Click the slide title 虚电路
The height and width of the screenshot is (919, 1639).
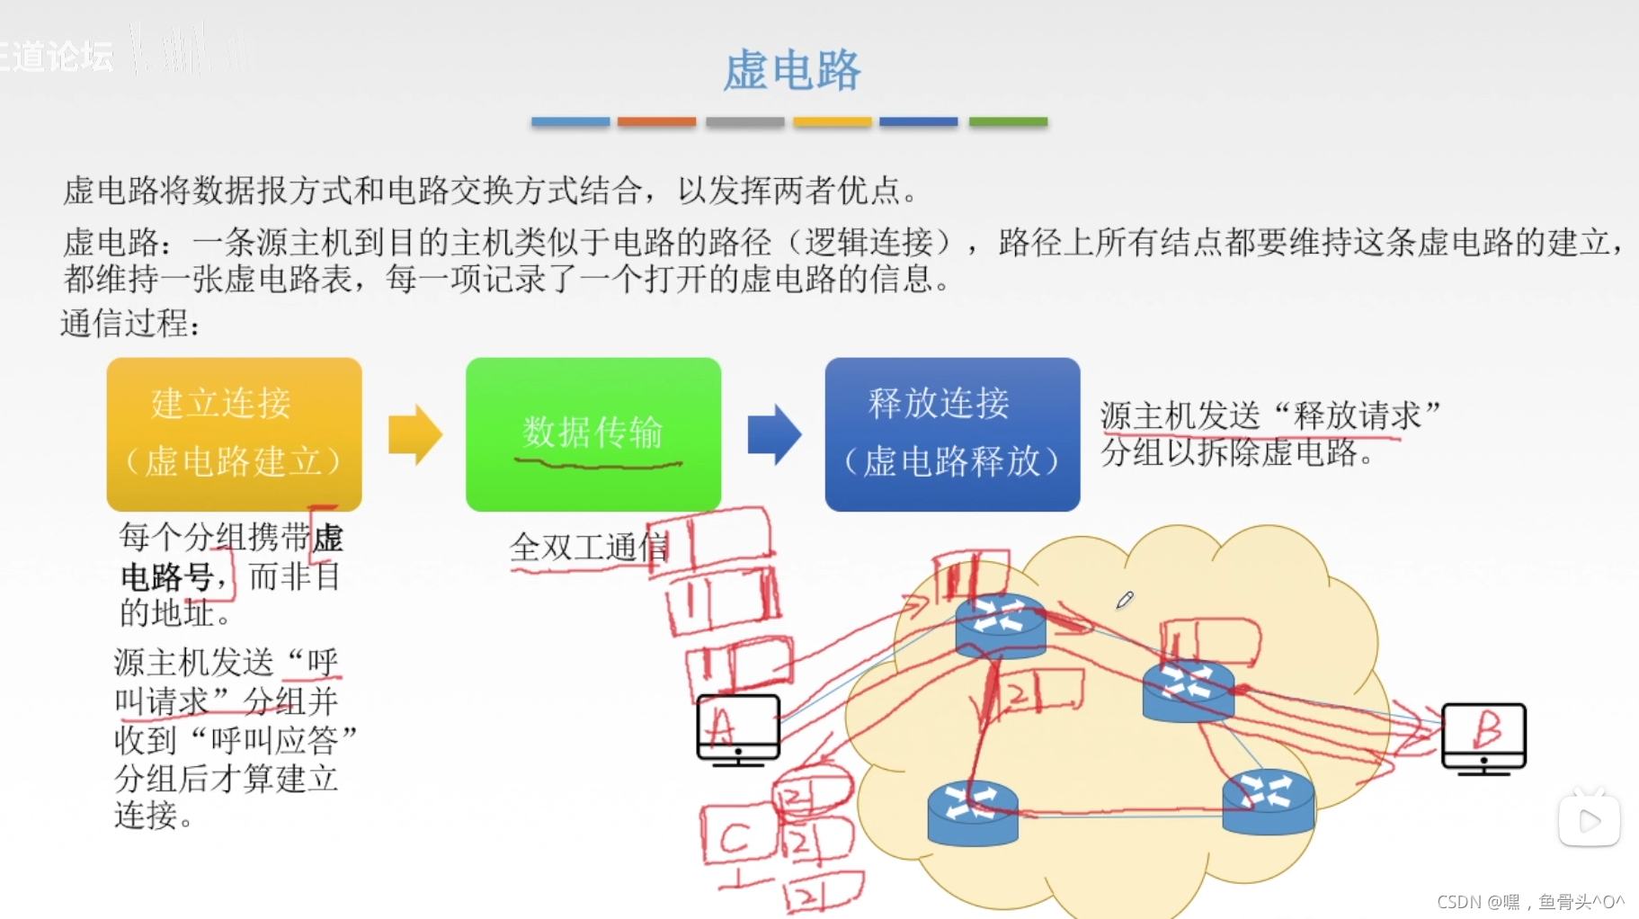[792, 71]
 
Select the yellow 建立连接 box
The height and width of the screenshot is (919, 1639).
[234, 433]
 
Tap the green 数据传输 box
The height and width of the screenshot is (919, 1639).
[592, 433]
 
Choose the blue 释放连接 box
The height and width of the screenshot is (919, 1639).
[951, 433]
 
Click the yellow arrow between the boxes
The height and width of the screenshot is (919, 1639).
[414, 434]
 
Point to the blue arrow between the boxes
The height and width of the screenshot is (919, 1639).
[773, 434]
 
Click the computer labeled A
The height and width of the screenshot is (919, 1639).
[738, 729]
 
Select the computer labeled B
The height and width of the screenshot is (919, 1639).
[1483, 736]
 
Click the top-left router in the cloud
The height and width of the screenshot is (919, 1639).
[1000, 625]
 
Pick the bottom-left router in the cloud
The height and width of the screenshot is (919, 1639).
[972, 812]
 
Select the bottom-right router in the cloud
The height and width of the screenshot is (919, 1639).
[1268, 801]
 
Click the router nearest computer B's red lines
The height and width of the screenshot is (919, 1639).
[1188, 690]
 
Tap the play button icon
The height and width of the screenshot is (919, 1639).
[1589, 820]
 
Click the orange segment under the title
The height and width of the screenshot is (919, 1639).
[656, 121]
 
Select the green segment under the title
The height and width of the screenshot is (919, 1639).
[1008, 121]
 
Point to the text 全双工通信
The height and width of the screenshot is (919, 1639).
[589, 547]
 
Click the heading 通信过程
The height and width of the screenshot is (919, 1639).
[129, 323]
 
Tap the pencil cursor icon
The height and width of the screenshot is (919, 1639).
[1125, 600]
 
